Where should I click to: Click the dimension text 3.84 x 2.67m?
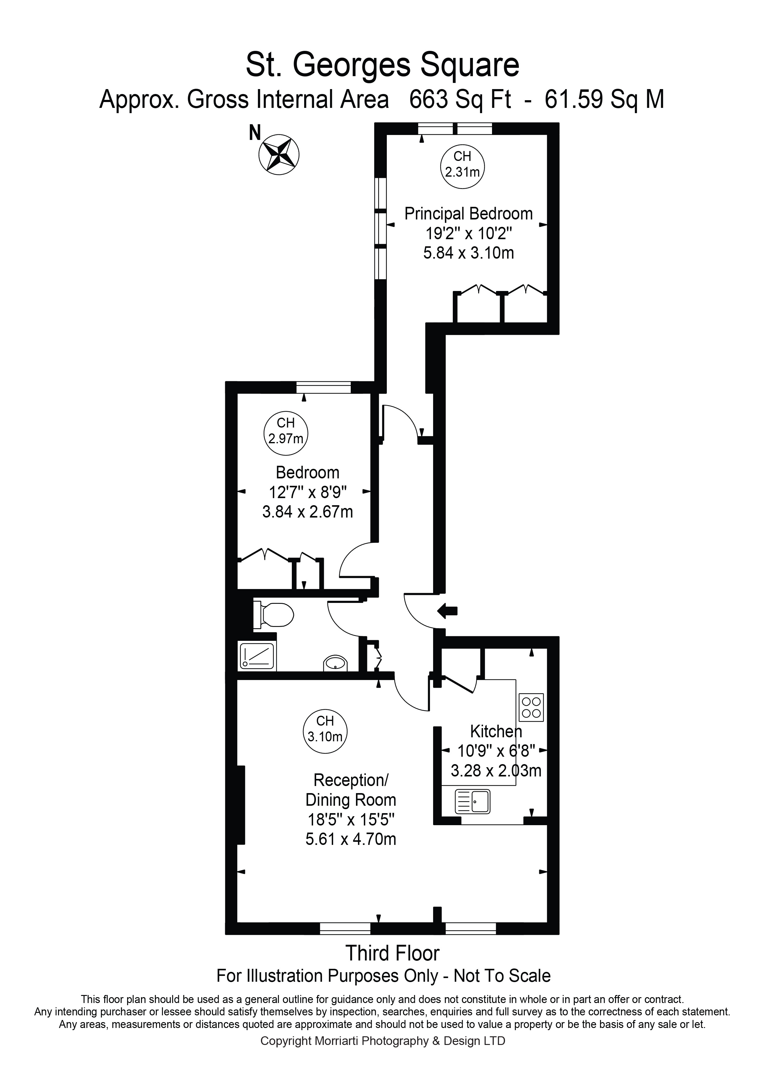coord(308,512)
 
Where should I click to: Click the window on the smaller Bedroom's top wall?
coord(324,387)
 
